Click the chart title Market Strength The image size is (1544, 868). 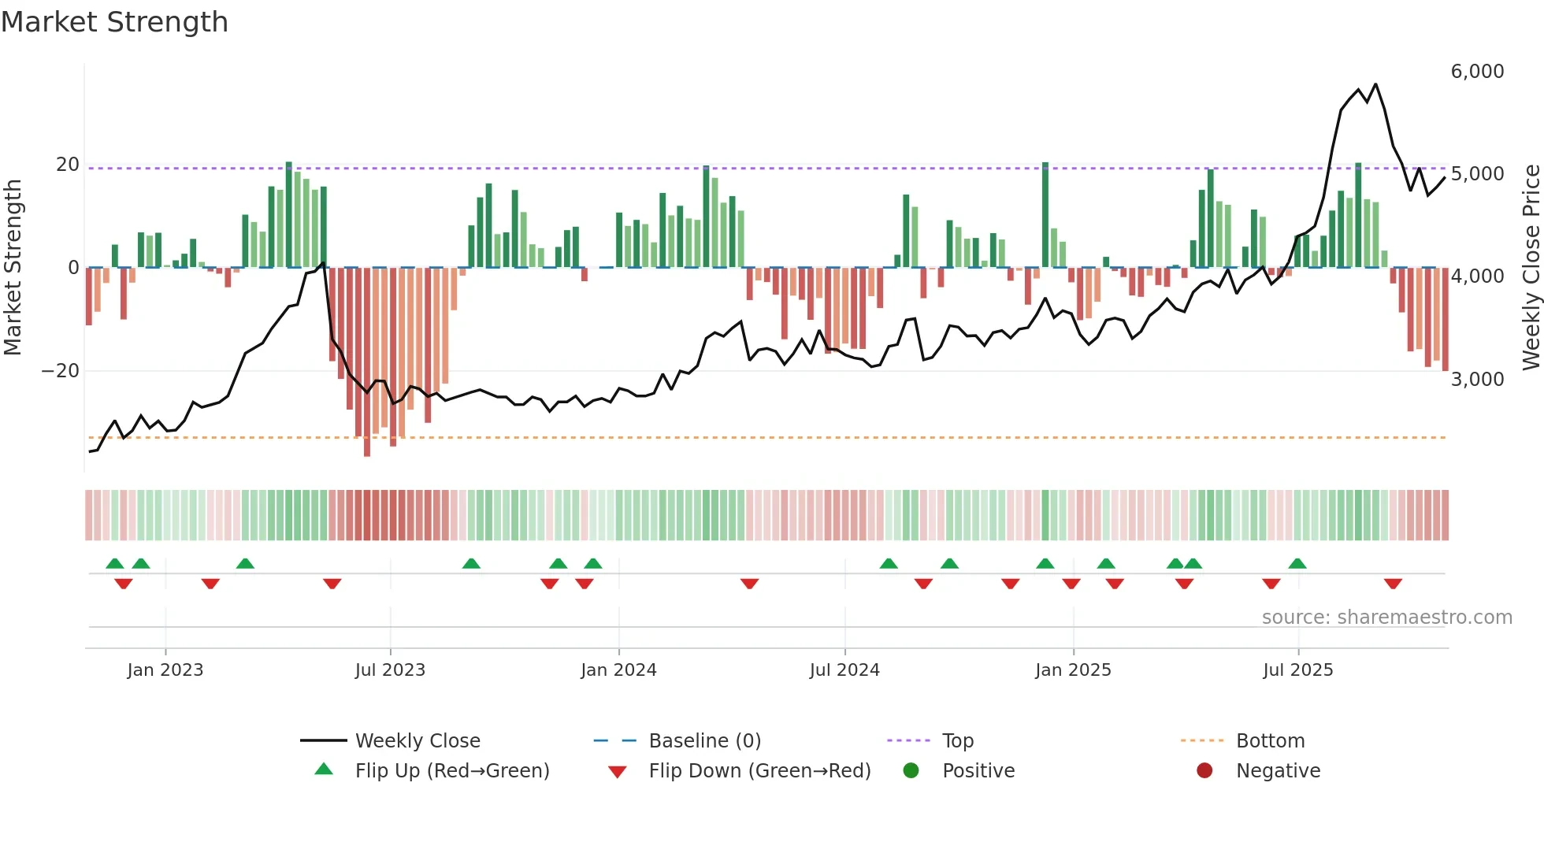pos(114,22)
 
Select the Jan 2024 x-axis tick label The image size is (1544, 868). pos(618,670)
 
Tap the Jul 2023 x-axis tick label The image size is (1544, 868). pos(390,670)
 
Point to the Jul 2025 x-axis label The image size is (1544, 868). pos(1297,670)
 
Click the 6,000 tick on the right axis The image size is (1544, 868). pos(1477,72)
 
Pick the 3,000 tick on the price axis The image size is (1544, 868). pos(1477,380)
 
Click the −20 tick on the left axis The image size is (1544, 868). pos(61,371)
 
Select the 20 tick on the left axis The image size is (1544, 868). pos(68,165)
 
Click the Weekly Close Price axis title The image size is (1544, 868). pos(1531,268)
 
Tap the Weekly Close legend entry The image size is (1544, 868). pos(417,741)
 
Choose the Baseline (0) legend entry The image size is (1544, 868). pos(704,741)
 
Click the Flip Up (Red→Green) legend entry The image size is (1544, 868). pos(451,771)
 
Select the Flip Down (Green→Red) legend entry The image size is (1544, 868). pos(759,771)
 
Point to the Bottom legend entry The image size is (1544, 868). pos(1270,741)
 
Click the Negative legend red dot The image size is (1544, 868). pos(1204,771)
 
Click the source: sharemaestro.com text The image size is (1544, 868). pos(1386,618)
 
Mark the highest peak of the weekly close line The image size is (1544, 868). pos(1375,84)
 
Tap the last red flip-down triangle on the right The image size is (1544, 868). pos(1393,584)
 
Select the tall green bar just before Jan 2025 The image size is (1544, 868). pos(1045,215)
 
